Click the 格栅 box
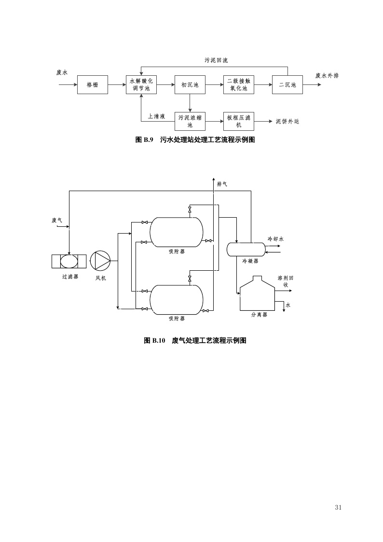pyautogui.click(x=92, y=85)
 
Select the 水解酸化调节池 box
pyautogui.click(x=141, y=85)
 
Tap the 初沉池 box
pyautogui.click(x=190, y=85)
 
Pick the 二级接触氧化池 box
pyautogui.click(x=239, y=85)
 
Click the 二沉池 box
pyautogui.click(x=287, y=85)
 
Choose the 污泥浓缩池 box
pyautogui.click(x=190, y=121)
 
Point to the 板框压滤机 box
pyautogui.click(x=239, y=121)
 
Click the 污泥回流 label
pyautogui.click(x=216, y=60)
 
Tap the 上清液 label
pyautogui.click(x=156, y=116)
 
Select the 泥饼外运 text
pyautogui.click(x=287, y=122)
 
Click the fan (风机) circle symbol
pyautogui.click(x=101, y=261)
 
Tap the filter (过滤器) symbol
pyautogui.click(x=69, y=261)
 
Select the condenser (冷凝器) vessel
pyautogui.click(x=246, y=249)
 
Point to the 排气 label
pyautogui.click(x=222, y=184)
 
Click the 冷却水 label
pyautogui.click(x=276, y=239)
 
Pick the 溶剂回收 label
pyautogui.click(x=286, y=281)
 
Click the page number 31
pyautogui.click(x=338, y=507)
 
